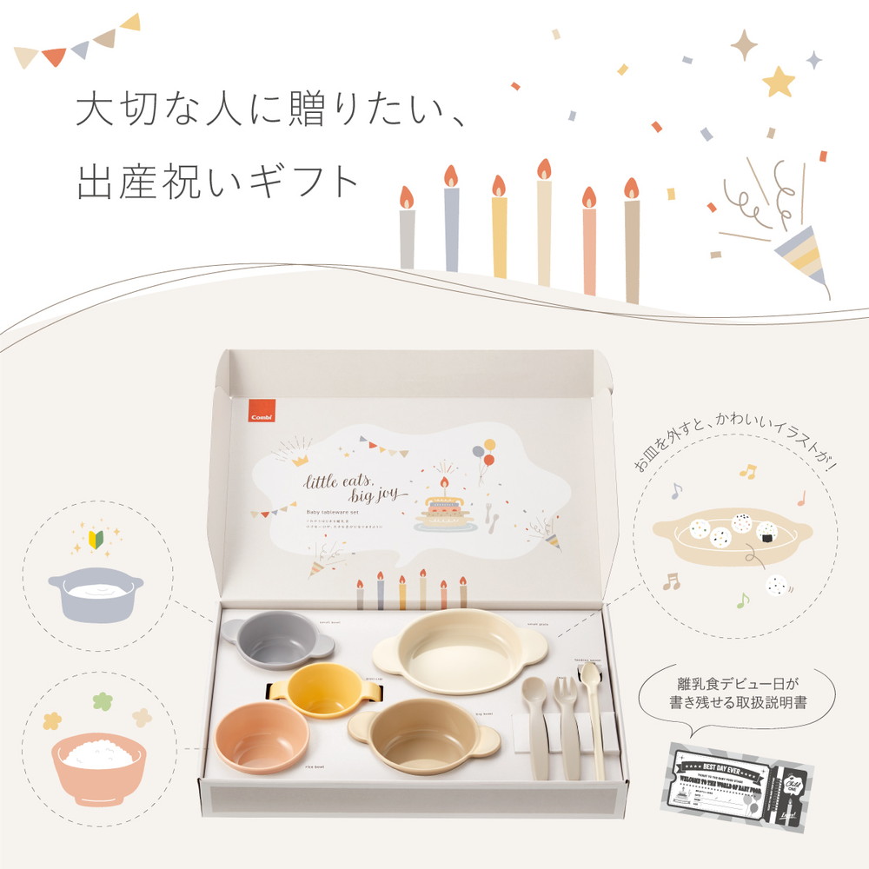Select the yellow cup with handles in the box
[324, 690]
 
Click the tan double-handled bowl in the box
[423, 736]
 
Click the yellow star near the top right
[778, 82]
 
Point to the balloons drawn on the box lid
[483, 456]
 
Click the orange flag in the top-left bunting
[54, 56]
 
